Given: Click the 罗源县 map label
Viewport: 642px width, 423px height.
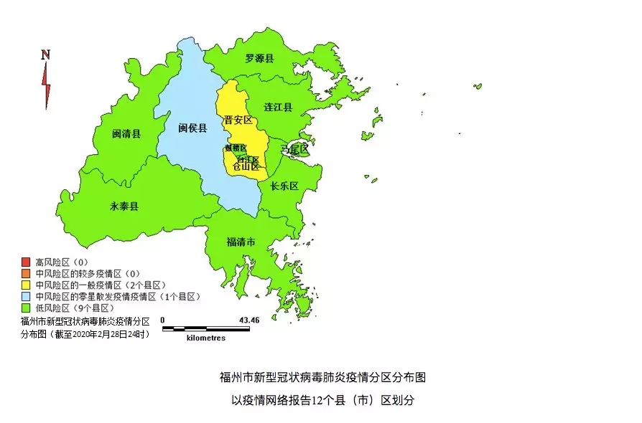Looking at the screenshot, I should pyautogui.click(x=259, y=58).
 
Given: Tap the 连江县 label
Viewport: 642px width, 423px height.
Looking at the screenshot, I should pyautogui.click(x=278, y=107).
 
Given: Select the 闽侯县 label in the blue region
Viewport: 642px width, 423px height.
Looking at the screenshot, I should pyautogui.click(x=192, y=128).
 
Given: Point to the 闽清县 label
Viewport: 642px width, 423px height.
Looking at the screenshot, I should pyautogui.click(x=126, y=133).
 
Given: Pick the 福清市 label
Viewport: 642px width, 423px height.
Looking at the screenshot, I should pyautogui.click(x=241, y=242).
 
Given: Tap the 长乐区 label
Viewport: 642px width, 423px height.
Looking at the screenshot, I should pyautogui.click(x=284, y=186).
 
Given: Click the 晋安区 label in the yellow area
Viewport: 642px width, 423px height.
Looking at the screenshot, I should pyautogui.click(x=238, y=120).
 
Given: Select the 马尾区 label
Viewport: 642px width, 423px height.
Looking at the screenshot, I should pyautogui.click(x=294, y=150).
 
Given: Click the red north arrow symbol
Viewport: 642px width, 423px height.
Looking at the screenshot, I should pyautogui.click(x=47, y=85).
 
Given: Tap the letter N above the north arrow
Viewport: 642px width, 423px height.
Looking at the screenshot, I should pyautogui.click(x=45, y=54).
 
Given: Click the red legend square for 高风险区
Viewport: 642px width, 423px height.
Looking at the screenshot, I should pyautogui.click(x=26, y=262).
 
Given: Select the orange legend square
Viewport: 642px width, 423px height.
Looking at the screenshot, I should pyautogui.click(x=26, y=273).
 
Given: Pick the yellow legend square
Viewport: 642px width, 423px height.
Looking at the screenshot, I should pyautogui.click(x=26, y=285).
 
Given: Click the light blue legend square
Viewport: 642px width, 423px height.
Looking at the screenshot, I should pyautogui.click(x=26, y=296).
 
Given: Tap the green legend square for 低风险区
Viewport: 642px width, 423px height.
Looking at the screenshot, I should pyautogui.click(x=26, y=308).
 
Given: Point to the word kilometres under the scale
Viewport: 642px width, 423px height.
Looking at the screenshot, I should pyautogui.click(x=205, y=338).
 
